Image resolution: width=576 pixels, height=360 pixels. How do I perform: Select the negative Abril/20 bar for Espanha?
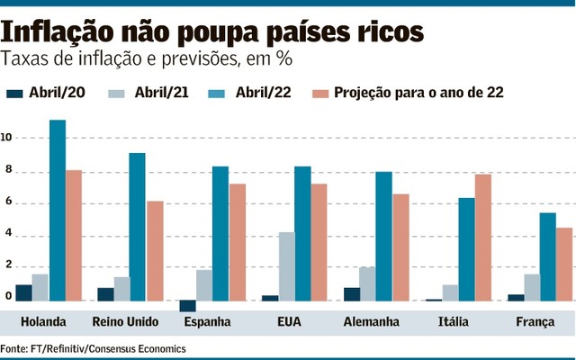[188, 306]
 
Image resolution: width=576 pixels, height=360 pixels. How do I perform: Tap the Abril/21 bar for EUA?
[286, 266]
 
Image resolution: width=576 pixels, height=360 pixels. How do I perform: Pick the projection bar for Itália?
[483, 238]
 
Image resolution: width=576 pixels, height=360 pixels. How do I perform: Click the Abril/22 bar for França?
[548, 256]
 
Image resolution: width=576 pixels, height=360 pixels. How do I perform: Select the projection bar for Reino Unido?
[156, 251]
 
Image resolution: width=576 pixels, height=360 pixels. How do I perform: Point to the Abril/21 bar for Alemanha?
[367, 283]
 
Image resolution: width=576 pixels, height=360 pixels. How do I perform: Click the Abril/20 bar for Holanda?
[24, 292]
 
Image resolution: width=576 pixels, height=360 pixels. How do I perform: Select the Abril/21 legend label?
[161, 93]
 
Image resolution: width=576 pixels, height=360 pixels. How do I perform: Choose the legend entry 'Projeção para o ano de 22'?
[418, 93]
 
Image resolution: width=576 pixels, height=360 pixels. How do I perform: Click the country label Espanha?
[205, 321]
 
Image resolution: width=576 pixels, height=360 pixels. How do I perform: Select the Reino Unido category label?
[125, 321]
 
